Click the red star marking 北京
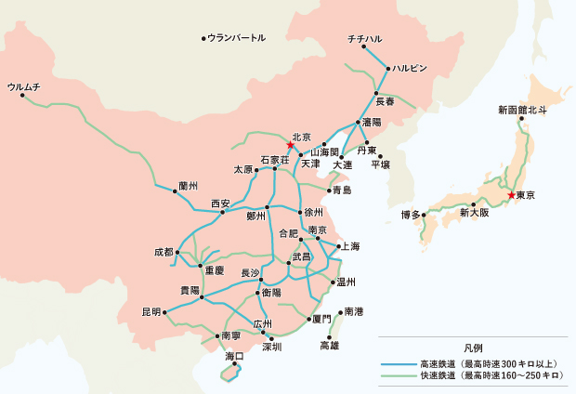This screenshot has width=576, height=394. click(x=291, y=146)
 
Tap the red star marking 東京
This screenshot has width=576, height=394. click(x=511, y=195)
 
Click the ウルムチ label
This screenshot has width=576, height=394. click(x=24, y=85)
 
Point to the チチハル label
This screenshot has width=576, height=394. click(x=364, y=38)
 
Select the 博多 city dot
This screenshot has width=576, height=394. click(x=425, y=215)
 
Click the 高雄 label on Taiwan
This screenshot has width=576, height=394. click(x=330, y=346)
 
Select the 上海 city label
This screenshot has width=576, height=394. click(x=350, y=246)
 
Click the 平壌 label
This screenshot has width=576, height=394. click(x=381, y=164)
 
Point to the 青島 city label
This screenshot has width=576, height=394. click(x=341, y=190)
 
